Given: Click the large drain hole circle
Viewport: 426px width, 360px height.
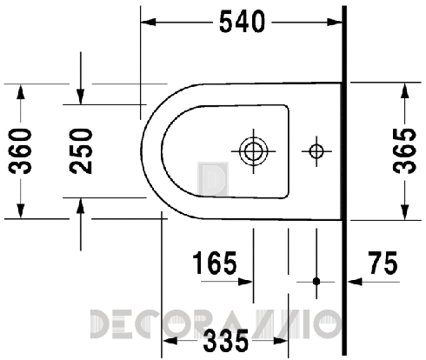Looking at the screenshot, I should tap(254, 151).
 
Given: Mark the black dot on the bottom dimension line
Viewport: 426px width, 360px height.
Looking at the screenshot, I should tap(316, 282).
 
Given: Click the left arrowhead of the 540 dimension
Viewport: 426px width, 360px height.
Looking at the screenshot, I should tap(148, 22).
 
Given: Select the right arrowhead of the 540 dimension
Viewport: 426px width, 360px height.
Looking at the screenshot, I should tap(338, 22).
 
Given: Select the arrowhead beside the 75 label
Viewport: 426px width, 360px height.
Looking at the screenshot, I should tap(354, 282).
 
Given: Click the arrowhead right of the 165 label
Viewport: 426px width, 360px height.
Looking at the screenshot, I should tap(247, 282).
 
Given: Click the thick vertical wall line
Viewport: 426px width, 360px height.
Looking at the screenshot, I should tap(345, 174).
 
